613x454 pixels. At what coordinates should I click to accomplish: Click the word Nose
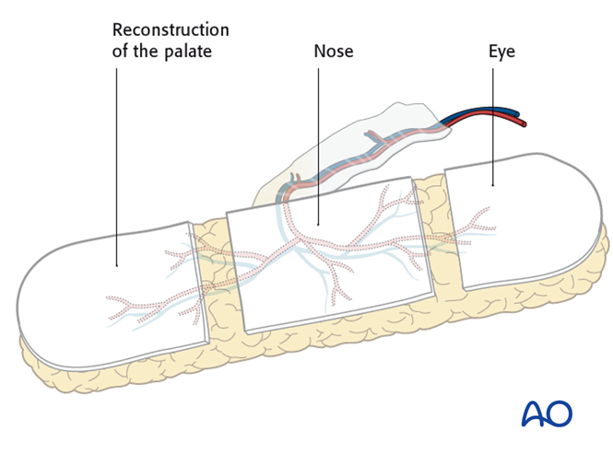[332, 52]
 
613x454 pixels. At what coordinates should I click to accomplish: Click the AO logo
[547, 413]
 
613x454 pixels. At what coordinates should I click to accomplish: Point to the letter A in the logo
[534, 413]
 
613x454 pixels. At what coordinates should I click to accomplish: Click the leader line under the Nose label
[318, 138]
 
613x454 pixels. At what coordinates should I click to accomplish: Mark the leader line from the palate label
[117, 166]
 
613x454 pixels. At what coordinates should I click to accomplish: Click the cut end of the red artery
[525, 122]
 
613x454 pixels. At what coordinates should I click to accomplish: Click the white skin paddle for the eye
[525, 221]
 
